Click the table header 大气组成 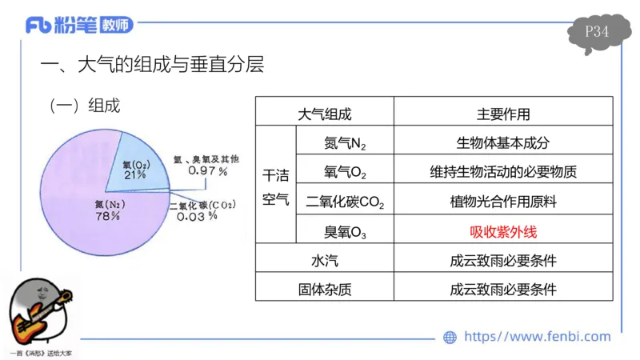324,115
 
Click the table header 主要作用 502,115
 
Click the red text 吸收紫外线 502,232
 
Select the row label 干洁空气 275,187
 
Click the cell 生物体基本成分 502,144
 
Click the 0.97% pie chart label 202,171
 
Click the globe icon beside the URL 450,338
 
